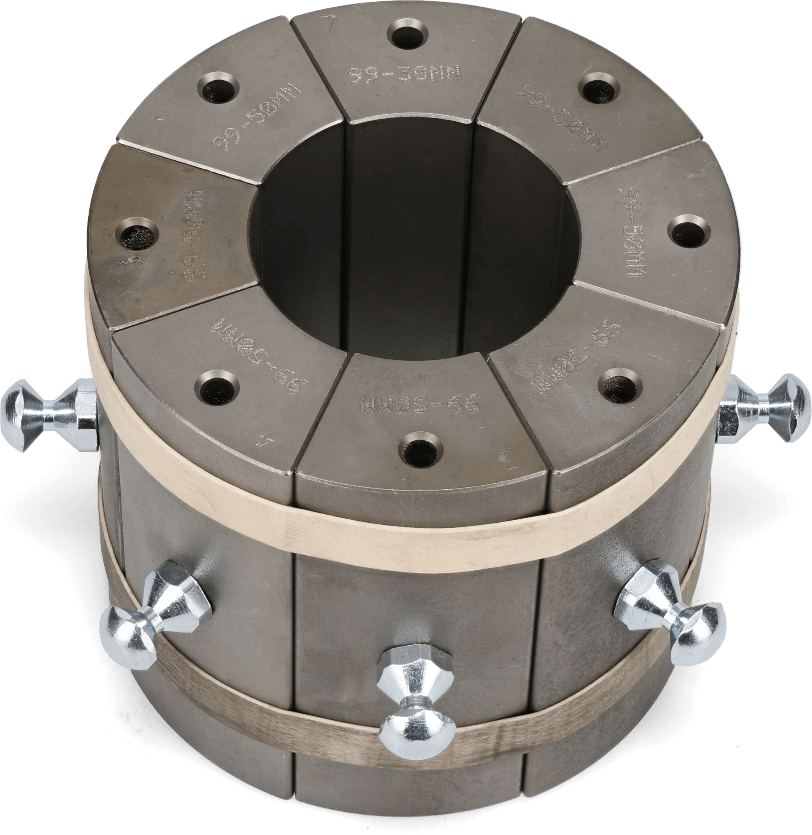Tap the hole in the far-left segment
[x=136, y=235]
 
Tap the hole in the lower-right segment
[x=619, y=385]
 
